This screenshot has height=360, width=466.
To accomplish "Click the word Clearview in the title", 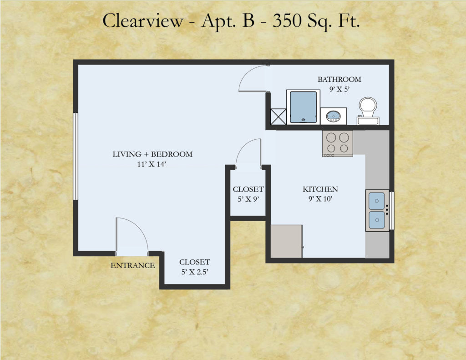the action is point(143,21).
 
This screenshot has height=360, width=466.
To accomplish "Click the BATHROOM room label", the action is point(339,79).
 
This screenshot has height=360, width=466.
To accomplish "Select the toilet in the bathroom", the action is point(368,111).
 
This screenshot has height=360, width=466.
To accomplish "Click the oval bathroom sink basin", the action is point(334,116).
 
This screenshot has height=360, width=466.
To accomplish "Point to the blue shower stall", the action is point(303,107).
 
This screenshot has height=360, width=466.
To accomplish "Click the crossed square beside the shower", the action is point(278,117).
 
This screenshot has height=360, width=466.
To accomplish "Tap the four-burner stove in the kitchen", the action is point(338,143).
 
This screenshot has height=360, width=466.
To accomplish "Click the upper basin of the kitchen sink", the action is point(376,201).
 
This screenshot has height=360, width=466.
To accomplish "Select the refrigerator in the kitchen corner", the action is point(287,241).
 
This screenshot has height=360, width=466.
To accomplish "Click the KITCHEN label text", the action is point(320,189).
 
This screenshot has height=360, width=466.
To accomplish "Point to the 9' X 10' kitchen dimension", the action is point(320,199).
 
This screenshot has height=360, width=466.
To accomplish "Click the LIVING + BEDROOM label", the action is point(152,154).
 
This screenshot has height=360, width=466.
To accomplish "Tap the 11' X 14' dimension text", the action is point(152,164).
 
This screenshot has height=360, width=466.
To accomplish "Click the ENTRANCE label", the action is point(132,265).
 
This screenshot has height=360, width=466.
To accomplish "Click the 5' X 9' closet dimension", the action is point(248,199).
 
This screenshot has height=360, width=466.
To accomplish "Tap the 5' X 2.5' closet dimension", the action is point(195,272).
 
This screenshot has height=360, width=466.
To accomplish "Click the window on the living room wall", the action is point(76,157).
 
